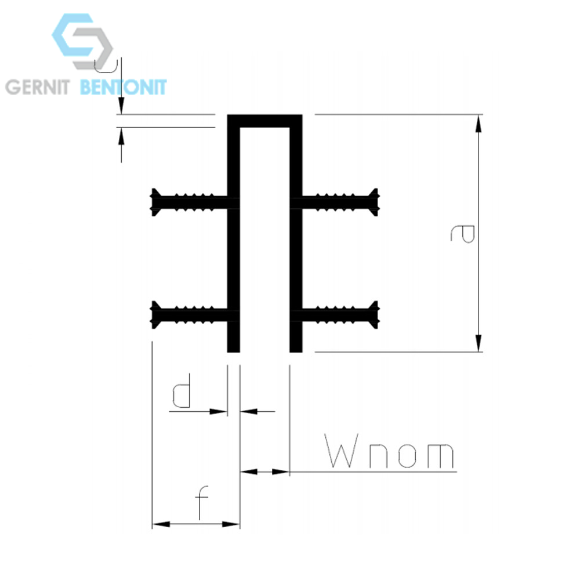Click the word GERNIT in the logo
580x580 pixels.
[x=37, y=88]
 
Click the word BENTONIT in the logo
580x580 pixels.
[x=123, y=88]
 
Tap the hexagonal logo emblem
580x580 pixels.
[x=82, y=41]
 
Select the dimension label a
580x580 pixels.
[x=462, y=233]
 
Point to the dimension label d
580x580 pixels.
[x=182, y=390]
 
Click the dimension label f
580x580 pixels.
[x=201, y=502]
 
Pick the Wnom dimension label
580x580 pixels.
[x=389, y=451]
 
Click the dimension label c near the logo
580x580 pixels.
[x=106, y=66]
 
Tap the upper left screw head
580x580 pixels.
[x=155, y=202]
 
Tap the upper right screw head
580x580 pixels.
[x=374, y=202]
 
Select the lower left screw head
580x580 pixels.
[x=155, y=315]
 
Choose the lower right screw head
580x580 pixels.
[x=374, y=315]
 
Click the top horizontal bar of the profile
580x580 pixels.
[x=264, y=121]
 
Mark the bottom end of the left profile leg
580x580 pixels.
[x=233, y=352]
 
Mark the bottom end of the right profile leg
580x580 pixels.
[x=296, y=352]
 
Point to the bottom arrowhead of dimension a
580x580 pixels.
[x=478, y=343]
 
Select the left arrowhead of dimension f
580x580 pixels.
[x=161, y=524]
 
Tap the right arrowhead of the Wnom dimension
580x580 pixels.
[x=281, y=472]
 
